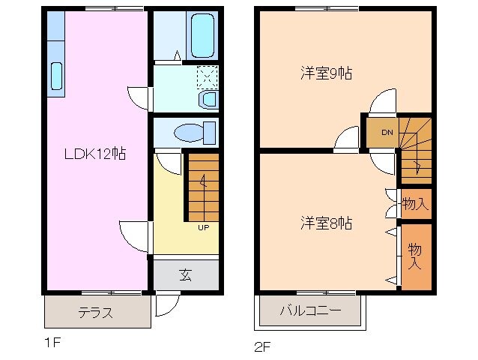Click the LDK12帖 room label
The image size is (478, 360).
94,154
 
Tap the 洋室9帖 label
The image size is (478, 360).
326,73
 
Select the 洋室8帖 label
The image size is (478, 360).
326,223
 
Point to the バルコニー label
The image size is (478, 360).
310,310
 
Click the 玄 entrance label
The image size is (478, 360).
185,274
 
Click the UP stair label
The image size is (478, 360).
202,227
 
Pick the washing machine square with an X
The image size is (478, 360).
208,76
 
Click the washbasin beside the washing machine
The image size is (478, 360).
208,99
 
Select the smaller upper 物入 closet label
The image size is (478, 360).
414,203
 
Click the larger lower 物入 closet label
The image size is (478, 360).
414,256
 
